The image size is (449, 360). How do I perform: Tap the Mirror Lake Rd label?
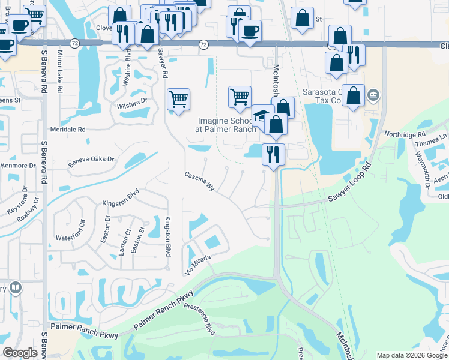pyautogui.click(x=59, y=71)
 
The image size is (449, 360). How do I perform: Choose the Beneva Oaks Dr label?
pyautogui.click(x=91, y=159)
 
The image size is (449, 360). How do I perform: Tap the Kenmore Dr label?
pyautogui.click(x=18, y=165)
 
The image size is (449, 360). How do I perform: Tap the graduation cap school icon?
pyautogui.click(x=262, y=115)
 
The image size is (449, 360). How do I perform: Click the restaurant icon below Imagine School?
pyautogui.click(x=273, y=154)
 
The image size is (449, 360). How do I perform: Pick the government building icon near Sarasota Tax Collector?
pyautogui.click(x=373, y=94)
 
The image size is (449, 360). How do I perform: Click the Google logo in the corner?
pyautogui.click(x=20, y=353)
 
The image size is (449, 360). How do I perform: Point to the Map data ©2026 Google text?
pyautogui.click(x=411, y=355)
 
